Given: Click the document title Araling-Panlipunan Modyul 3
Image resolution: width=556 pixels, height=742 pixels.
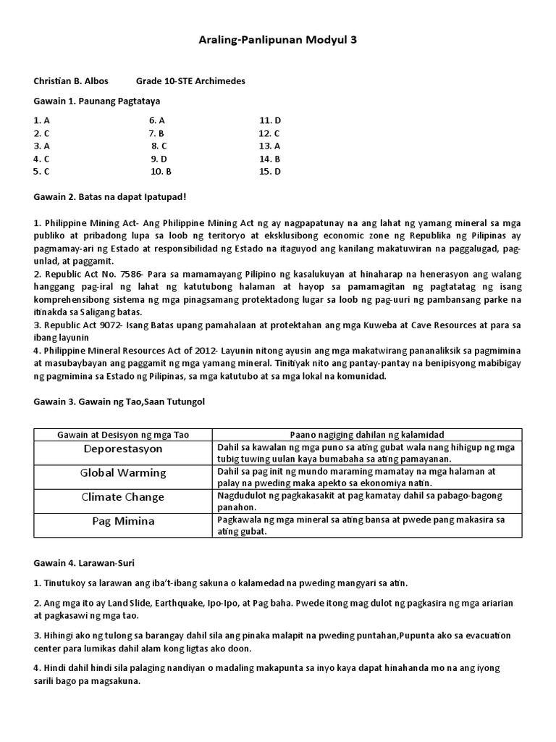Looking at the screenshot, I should [277, 41].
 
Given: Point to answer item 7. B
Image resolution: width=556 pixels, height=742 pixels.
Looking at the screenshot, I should [157, 133].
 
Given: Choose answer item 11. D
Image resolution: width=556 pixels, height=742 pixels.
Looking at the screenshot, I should [269, 120].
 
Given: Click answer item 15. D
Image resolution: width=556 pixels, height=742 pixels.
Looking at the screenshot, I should [269, 172].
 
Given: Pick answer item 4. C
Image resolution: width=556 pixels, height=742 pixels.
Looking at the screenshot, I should [41, 159].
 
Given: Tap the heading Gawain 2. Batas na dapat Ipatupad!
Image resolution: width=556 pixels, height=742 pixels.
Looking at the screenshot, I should [110, 196].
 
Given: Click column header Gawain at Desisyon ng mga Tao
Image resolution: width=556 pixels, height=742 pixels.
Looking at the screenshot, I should [122, 434].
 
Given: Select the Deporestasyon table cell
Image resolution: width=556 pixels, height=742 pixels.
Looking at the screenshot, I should [122, 449].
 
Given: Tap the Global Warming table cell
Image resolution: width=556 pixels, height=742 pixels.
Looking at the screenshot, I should [122, 472].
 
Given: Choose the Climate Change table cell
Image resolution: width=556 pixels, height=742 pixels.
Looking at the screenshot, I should [122, 497].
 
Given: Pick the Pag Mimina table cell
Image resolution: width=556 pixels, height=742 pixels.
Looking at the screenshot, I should [122, 521].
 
